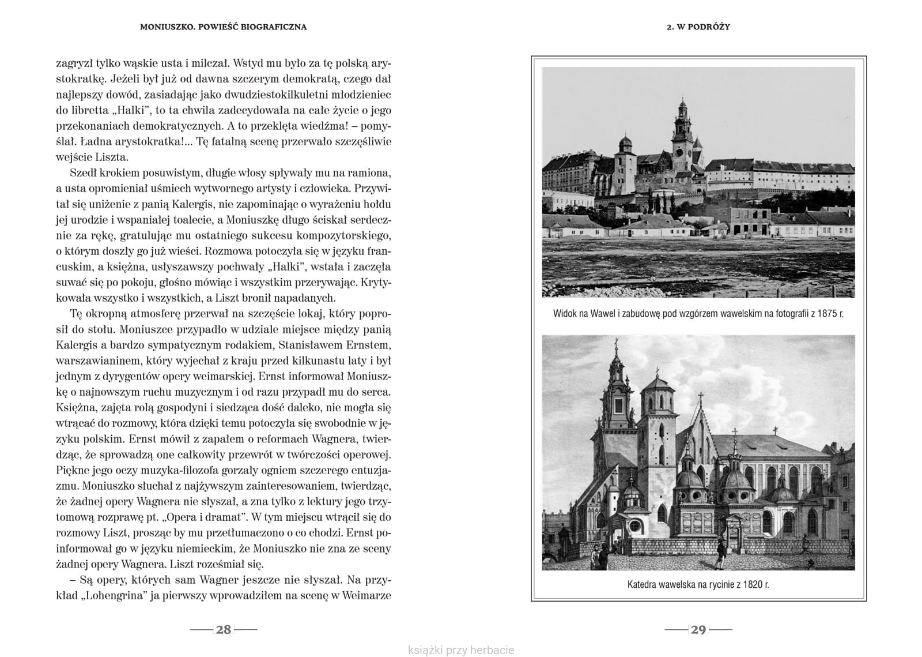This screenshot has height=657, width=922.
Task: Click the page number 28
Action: pyautogui.click(x=223, y=629)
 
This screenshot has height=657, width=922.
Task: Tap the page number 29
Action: pyautogui.click(x=698, y=629)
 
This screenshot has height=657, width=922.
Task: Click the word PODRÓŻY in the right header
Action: pyautogui.click(x=711, y=27)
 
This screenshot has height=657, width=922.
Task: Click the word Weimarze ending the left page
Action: pyautogui.click(x=366, y=596)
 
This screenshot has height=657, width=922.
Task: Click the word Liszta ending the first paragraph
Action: pyautogui.click(x=112, y=157)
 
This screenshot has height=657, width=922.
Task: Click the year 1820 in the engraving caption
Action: pyautogui.click(x=749, y=584)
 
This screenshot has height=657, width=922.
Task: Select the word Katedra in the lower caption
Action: pyautogui.click(x=643, y=584)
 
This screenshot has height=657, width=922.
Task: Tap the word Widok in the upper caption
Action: pyautogui.click(x=565, y=314)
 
